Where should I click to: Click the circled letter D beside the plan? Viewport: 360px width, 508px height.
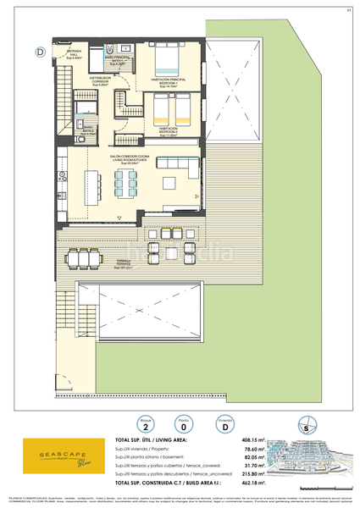pos(40,51)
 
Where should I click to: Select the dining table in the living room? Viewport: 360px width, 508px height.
pos(126,183)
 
